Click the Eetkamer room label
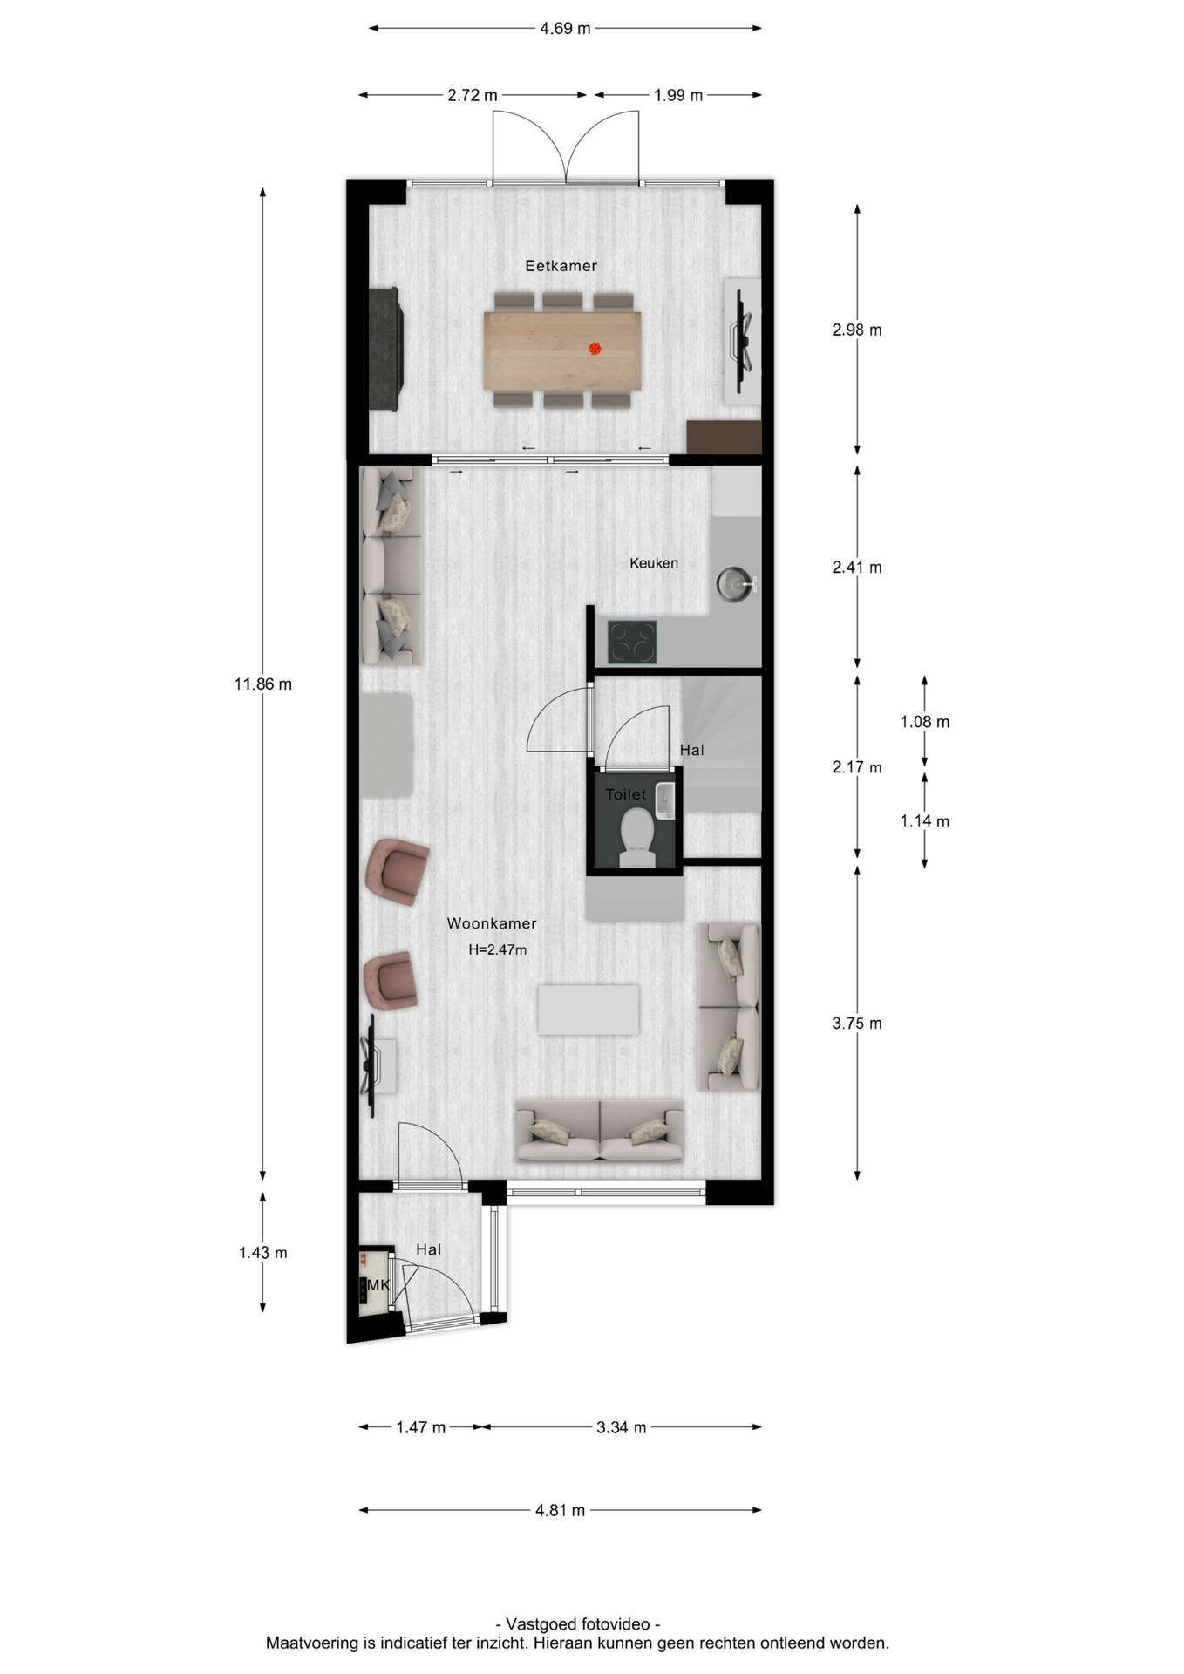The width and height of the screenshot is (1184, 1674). point(561,266)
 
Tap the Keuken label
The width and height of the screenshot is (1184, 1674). point(654,563)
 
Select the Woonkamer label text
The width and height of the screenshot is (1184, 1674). point(492,923)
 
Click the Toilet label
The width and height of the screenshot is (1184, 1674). point(626,794)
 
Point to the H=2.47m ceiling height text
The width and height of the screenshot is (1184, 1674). point(498,949)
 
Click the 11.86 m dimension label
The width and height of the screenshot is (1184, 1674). point(263,684)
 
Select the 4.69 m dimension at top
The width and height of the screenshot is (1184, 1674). point(565,29)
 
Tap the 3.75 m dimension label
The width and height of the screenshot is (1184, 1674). point(857,1024)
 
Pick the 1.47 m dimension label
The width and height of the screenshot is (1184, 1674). point(421,1427)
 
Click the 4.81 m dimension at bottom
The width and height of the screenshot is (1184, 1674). point(560,1510)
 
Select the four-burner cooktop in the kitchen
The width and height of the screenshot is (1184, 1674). point(632,642)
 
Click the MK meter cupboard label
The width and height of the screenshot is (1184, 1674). point(378,1285)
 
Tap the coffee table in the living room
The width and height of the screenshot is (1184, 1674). point(589,1010)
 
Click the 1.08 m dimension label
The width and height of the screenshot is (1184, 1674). point(925,722)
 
